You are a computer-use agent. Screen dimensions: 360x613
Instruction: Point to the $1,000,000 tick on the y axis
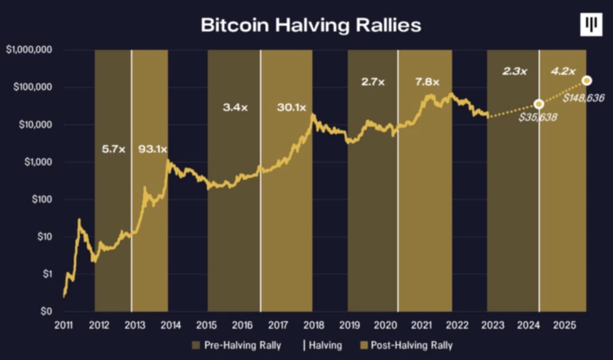click(x=30, y=50)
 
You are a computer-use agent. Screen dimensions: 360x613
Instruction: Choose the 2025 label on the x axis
click(x=565, y=326)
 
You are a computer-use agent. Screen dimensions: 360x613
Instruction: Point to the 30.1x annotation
click(x=292, y=108)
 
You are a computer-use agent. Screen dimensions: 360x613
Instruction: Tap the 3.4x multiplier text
click(x=234, y=108)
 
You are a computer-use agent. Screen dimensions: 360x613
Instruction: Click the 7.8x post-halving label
click(x=426, y=81)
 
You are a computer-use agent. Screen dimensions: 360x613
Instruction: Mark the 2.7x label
click(x=373, y=81)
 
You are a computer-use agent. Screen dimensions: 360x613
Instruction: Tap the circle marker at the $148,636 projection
click(x=587, y=80)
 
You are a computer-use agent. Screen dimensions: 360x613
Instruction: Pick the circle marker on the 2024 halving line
click(x=539, y=104)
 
